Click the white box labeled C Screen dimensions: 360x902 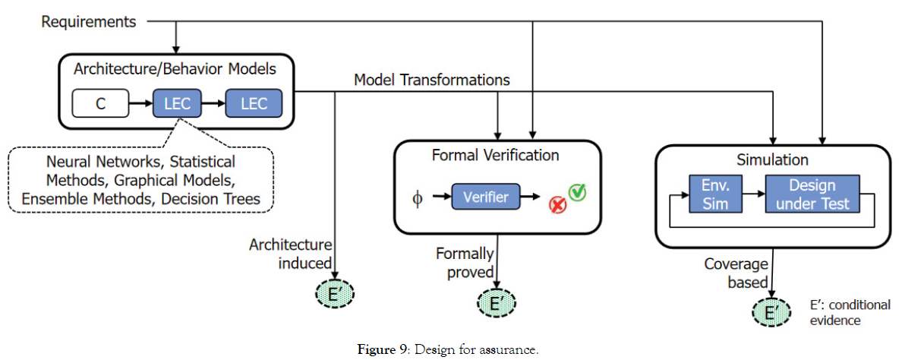click(100, 103)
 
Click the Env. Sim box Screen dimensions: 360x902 click(714, 194)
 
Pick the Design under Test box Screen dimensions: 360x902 click(812, 194)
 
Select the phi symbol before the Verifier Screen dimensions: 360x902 click(415, 198)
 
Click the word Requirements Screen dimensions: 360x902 click(88, 21)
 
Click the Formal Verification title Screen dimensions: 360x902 click(495, 156)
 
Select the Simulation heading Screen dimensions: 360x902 click(773, 159)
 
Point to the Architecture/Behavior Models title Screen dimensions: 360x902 click(175, 69)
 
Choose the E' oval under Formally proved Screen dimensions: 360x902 click(496, 304)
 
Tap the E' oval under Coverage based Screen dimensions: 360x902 click(771, 312)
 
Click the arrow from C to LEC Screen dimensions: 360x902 click(141, 103)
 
